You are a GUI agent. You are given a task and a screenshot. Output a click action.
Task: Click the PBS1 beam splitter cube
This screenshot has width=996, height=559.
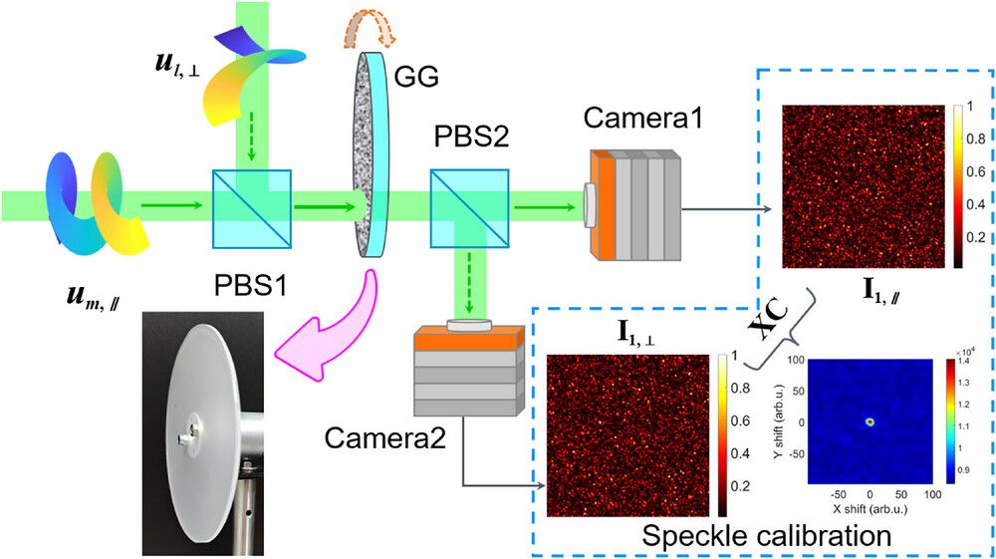(x=252, y=208)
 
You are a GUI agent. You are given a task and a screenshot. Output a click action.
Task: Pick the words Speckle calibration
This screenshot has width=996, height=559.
(x=766, y=536)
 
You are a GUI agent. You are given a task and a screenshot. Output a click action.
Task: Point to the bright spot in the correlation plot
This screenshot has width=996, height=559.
(x=870, y=421)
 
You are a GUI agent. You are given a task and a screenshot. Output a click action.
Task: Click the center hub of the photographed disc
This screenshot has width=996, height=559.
(x=188, y=435)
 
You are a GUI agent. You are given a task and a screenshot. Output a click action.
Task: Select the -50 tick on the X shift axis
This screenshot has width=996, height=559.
(x=839, y=493)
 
